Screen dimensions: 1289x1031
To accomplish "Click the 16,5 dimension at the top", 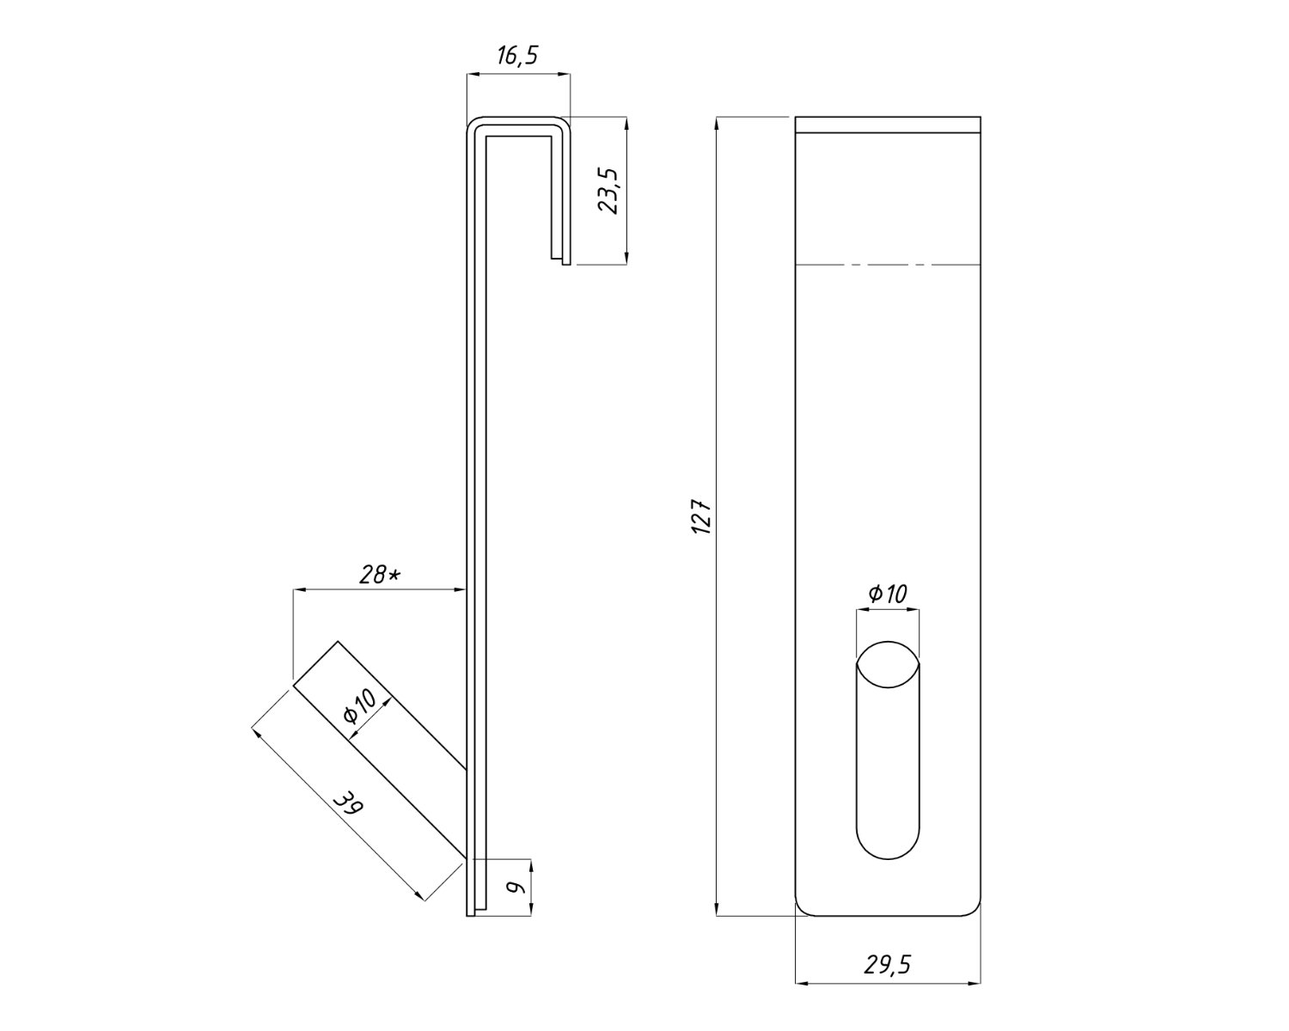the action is coord(517,56).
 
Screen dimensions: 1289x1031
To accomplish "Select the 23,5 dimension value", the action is coord(608,191).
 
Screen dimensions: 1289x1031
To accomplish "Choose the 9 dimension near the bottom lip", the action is coord(516,887).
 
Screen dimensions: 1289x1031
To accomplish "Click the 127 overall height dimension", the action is coord(702,515).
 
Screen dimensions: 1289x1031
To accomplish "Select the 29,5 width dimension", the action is coord(888,965).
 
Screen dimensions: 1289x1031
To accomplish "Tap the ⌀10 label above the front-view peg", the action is coord(888,594).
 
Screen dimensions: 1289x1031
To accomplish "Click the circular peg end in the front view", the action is coord(888,664).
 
